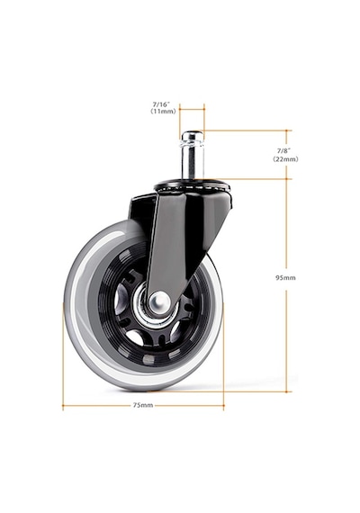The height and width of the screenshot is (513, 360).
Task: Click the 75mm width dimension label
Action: pyautogui.click(x=143, y=405)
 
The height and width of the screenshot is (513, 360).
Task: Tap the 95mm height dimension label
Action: pyautogui.click(x=285, y=278)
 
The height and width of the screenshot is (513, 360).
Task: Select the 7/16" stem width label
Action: pyautogui.click(x=162, y=104)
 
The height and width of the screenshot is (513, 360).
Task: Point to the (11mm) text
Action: pyautogui.click(x=163, y=112)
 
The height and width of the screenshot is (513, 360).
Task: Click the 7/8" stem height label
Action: pyautogui.click(x=283, y=151)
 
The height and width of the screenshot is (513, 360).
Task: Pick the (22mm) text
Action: pyautogui.click(x=285, y=159)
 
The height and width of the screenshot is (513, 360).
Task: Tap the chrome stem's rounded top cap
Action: pyautogui.click(x=192, y=135)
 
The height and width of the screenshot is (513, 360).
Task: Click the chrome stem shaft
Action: pyautogui.click(x=192, y=159)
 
